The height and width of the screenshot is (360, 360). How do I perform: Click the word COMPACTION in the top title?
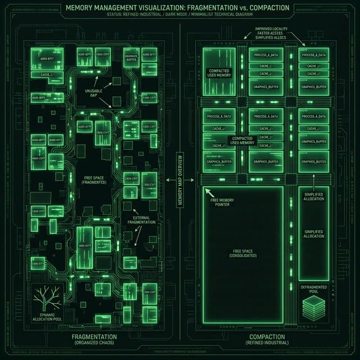pyautogui.click(x=267, y=8)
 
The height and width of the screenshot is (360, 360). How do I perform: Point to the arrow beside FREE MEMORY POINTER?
pyautogui.click(x=209, y=193)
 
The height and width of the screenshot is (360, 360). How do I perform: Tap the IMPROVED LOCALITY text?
pyautogui.click(x=271, y=29)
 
